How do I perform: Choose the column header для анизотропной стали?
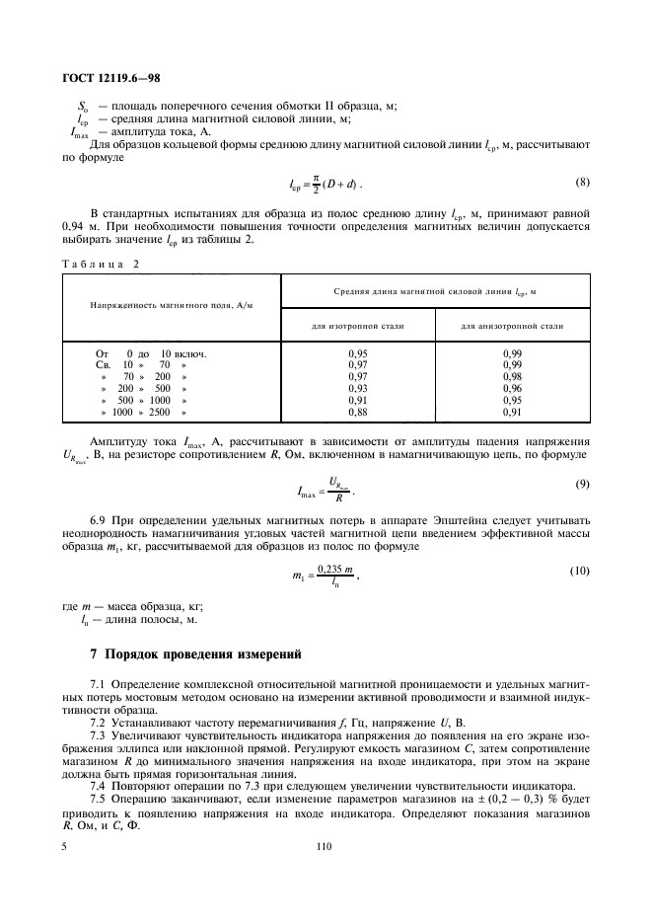(513, 325)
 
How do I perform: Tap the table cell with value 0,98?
(513, 376)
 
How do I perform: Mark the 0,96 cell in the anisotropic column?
(513, 389)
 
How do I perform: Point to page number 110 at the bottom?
(324, 846)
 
